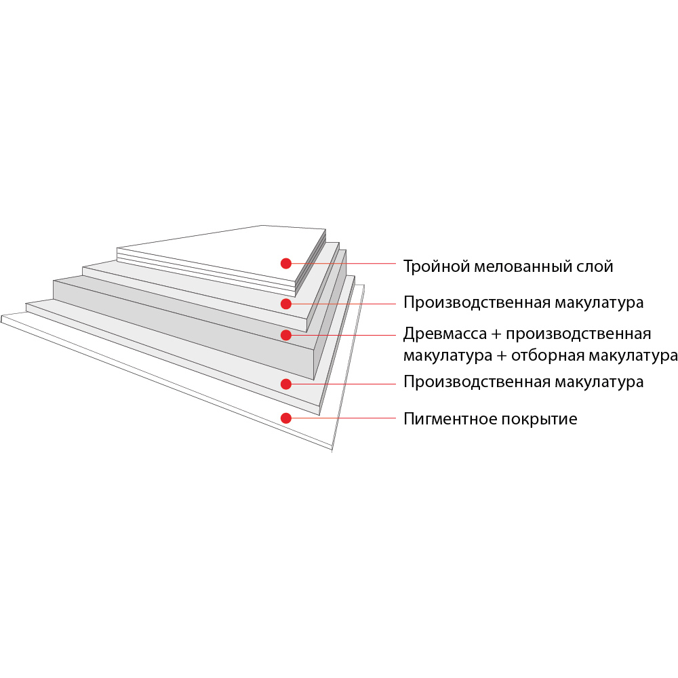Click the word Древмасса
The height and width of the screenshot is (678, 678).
(445, 334)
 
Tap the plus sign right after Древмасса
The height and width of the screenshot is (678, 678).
(496, 334)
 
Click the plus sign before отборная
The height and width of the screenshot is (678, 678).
(501, 355)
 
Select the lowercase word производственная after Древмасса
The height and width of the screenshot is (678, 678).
(578, 334)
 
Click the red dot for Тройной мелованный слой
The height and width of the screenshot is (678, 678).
(286, 263)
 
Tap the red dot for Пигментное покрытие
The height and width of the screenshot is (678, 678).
(286, 418)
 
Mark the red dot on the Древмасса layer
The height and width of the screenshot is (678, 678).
(286, 335)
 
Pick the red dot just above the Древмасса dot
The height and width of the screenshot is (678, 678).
(286, 304)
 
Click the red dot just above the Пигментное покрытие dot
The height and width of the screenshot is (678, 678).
(286, 384)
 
